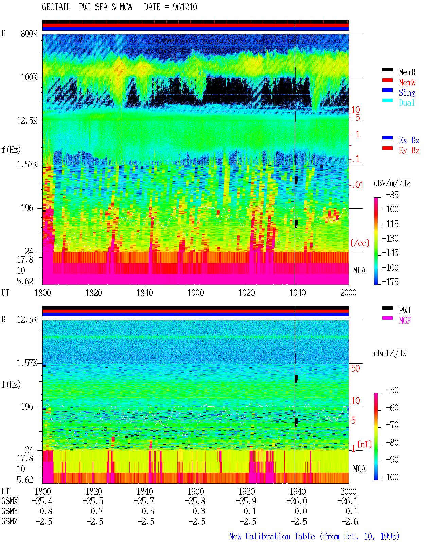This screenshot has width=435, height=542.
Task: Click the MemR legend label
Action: coord(407,72)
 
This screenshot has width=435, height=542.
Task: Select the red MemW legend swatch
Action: coord(387,80)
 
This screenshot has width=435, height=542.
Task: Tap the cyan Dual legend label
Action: coord(406,103)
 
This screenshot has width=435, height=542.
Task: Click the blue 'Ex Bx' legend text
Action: coord(409,140)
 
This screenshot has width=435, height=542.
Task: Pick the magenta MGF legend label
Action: coord(405,321)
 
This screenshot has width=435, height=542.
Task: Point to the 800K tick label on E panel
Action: coord(29,33)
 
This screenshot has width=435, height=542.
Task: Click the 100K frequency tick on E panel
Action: coord(29,77)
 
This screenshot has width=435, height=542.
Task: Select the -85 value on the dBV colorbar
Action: coord(392,195)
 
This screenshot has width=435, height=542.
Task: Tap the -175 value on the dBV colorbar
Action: coord(390,282)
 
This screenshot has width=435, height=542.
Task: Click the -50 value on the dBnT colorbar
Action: coord(392,390)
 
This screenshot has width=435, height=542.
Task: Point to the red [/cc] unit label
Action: coord(360,243)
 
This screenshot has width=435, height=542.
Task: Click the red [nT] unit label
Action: coord(365,444)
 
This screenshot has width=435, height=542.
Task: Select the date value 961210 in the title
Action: coord(185,7)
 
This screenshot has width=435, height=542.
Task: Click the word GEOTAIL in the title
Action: coord(56,7)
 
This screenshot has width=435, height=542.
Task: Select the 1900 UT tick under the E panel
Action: coord(195,293)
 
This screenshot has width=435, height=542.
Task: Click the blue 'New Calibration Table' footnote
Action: coord(272,537)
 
